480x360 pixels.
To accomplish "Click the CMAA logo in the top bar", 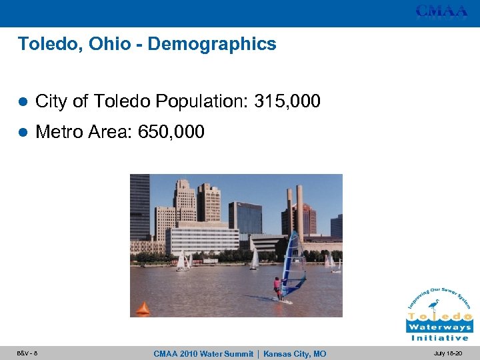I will [441, 11].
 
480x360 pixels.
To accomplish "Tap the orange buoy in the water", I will [143, 309].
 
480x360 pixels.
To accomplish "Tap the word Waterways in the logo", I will [439, 327].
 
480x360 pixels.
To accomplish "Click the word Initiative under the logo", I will [439, 338].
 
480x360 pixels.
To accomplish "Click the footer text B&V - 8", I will [27, 353].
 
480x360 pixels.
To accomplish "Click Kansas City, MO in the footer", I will [295, 353].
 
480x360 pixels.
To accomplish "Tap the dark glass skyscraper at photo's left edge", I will [139, 207].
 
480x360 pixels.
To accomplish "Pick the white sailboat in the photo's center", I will [254, 259].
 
